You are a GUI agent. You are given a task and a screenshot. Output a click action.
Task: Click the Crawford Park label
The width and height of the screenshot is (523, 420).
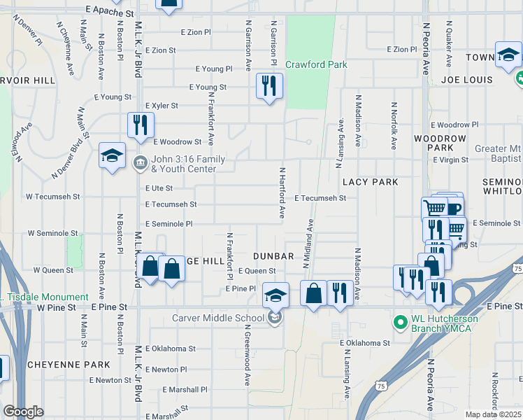(316, 65)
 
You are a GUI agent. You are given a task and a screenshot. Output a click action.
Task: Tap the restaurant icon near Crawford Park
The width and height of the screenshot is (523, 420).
(269, 86)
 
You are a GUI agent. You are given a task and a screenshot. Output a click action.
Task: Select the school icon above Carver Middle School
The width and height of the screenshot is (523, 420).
(275, 296)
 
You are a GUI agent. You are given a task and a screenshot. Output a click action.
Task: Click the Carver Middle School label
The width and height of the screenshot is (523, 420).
(218, 318)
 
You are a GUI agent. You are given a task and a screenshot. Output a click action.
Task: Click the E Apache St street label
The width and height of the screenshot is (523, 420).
(110, 13)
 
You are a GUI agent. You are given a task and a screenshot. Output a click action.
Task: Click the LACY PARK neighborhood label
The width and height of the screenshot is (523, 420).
(370, 182)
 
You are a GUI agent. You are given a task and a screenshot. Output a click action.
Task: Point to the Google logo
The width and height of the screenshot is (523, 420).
(23, 412)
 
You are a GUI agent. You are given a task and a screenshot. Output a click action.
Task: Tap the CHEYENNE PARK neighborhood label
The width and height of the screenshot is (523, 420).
(69, 365)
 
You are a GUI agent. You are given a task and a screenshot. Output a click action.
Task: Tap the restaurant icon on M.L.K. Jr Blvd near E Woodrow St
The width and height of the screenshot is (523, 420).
(141, 125)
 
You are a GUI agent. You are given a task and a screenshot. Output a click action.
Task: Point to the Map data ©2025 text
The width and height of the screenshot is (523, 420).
(493, 414)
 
